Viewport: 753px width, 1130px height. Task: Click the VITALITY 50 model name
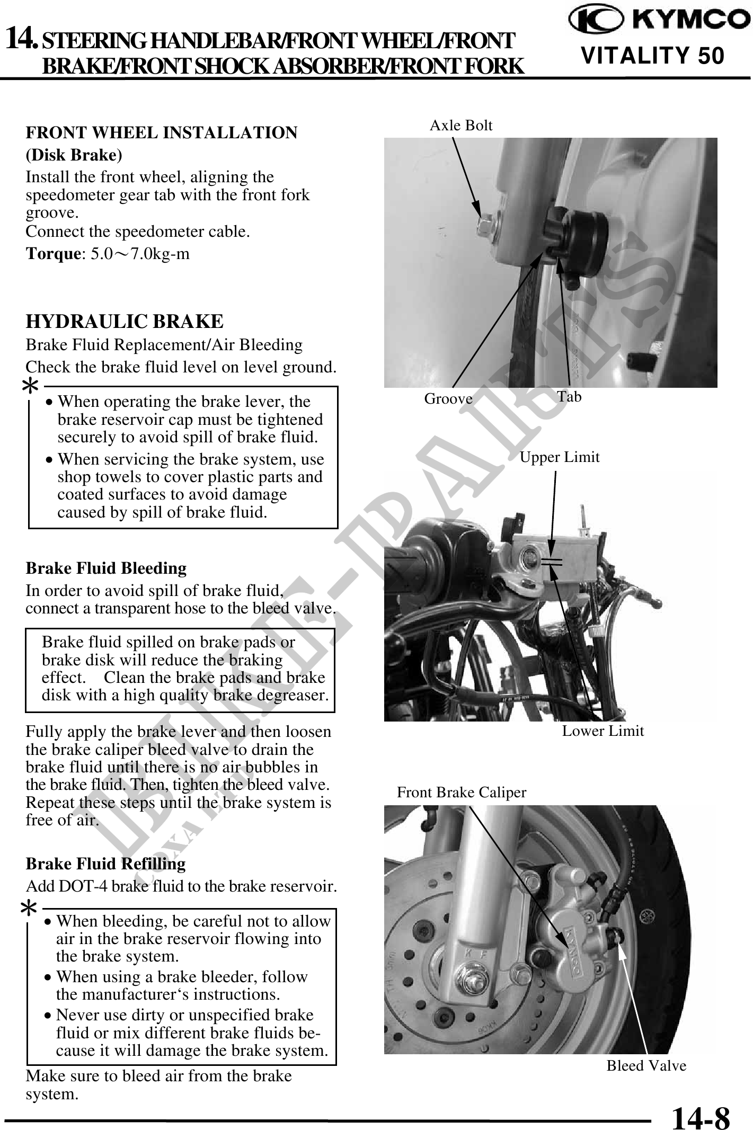coord(652,55)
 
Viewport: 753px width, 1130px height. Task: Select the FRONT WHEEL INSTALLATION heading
coord(162,132)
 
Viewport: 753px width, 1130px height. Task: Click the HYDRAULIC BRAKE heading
coord(125,322)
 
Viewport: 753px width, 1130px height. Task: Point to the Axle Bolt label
coord(460,126)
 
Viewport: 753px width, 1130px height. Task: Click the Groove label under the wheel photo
coord(448,399)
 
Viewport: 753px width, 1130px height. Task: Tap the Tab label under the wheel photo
coord(569,397)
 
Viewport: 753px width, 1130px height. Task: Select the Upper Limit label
coord(559,457)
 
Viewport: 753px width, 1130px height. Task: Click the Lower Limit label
coord(603,731)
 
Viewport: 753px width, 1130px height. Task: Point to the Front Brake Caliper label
coord(462,793)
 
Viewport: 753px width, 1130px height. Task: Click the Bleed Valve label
coord(646,1066)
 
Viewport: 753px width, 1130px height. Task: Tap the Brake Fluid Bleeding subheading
coord(106,568)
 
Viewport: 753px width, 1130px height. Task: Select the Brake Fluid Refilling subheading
coord(105,864)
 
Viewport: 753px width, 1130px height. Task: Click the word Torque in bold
coord(52,254)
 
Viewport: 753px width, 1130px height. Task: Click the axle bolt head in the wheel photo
coord(486,226)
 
